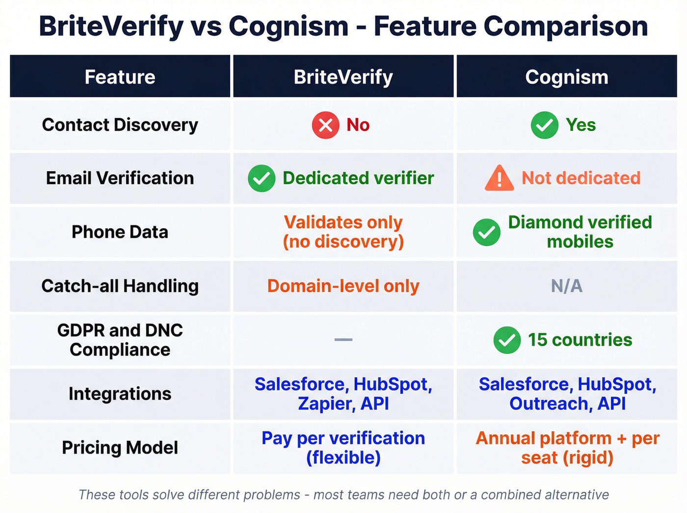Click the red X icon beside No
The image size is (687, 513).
(x=325, y=125)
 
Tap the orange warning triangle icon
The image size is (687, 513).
(x=499, y=178)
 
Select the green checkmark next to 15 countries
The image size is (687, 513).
(x=507, y=340)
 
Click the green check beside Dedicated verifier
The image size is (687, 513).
(x=262, y=178)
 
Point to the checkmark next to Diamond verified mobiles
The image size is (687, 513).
(x=486, y=232)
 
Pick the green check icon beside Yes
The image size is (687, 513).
(x=544, y=125)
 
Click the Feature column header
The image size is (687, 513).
(x=120, y=77)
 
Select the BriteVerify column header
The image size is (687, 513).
(x=343, y=77)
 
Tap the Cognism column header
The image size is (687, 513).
(x=566, y=77)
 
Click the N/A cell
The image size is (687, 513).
(x=566, y=286)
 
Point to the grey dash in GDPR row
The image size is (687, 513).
(x=343, y=340)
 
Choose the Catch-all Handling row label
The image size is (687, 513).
(x=120, y=286)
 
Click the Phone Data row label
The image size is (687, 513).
(x=120, y=232)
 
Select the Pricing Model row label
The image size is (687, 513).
(x=120, y=448)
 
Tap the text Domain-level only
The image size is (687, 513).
(x=343, y=286)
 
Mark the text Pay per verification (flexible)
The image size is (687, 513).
(x=343, y=448)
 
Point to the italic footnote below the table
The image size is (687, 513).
(x=343, y=494)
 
